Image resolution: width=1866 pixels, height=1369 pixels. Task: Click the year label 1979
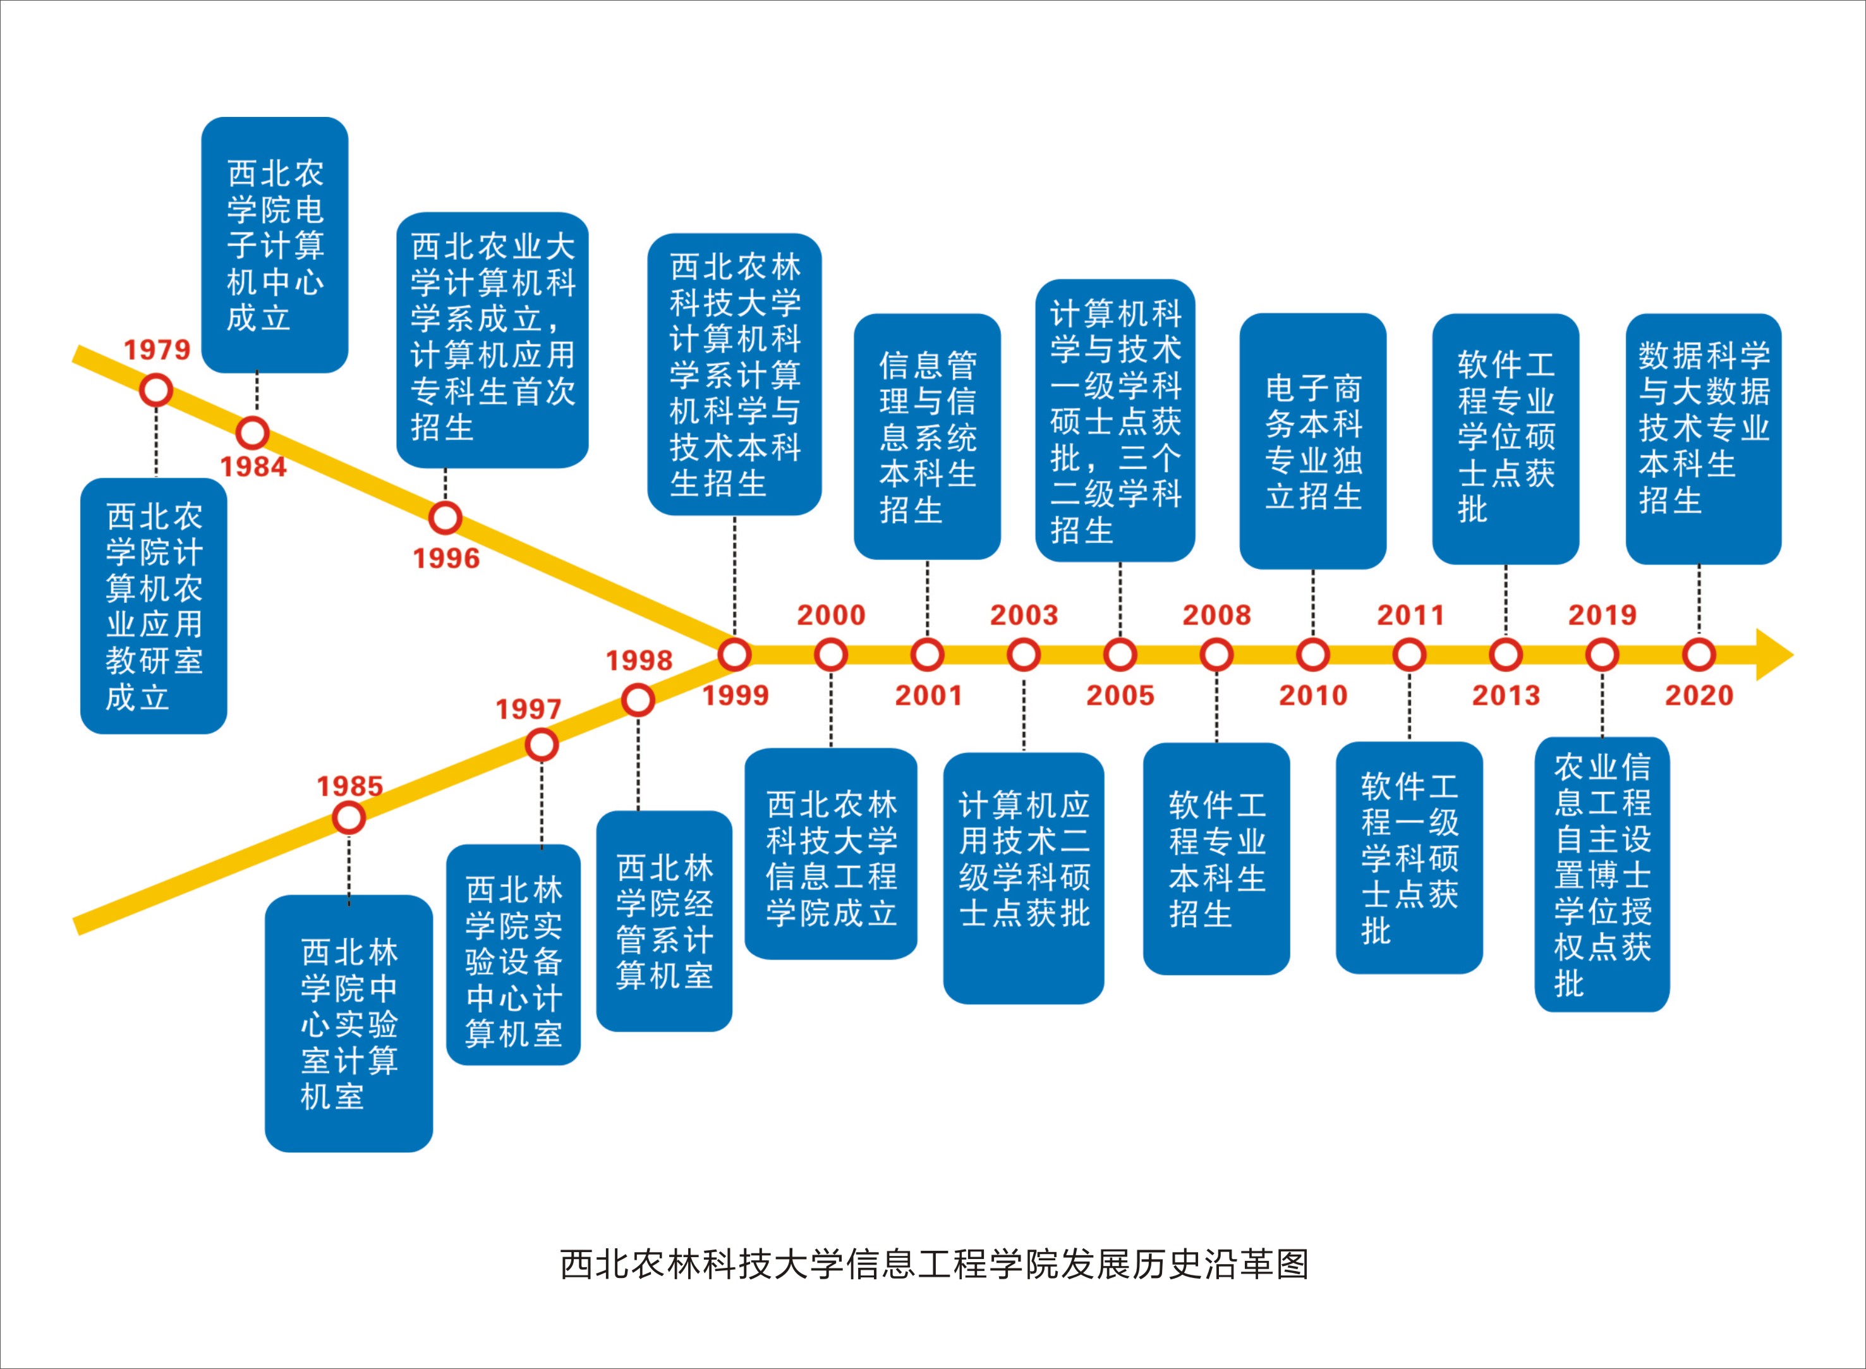coord(157,350)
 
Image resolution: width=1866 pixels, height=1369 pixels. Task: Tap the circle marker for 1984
coord(253,432)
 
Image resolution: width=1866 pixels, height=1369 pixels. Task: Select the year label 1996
coord(447,559)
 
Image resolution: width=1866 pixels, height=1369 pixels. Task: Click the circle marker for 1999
coord(734,655)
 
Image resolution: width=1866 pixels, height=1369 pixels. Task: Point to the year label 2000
coord(831,615)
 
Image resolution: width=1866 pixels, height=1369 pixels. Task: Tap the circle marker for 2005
coord(1120,655)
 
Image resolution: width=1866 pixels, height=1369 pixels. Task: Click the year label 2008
coord(1216,615)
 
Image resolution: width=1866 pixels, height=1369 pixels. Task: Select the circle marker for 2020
coord(1699,655)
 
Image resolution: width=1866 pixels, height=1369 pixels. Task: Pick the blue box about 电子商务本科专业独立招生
coord(1312,441)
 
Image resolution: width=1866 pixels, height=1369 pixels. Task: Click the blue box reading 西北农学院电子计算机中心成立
coord(275,245)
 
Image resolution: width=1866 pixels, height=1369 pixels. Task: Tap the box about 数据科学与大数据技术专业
coord(1704,439)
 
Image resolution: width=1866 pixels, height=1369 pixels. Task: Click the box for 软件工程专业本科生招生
coord(1216,858)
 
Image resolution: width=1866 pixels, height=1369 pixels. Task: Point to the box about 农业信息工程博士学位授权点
coord(1602,874)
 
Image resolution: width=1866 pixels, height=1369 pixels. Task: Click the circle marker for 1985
coord(349,818)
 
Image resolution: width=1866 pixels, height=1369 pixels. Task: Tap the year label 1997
coord(529,709)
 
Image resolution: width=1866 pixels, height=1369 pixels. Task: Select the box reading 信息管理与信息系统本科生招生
coord(927,436)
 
